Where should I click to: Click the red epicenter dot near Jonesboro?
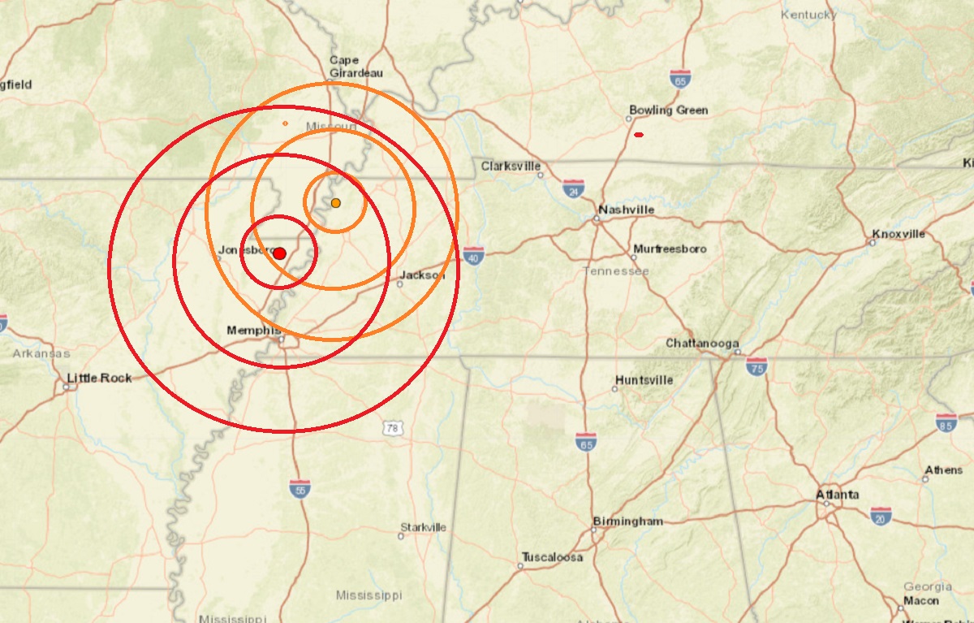click(280, 253)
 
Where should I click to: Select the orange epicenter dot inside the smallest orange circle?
click(336, 202)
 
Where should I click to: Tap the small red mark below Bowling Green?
click(639, 134)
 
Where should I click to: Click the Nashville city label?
click(626, 210)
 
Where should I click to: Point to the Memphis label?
click(254, 331)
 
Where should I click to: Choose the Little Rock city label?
click(99, 378)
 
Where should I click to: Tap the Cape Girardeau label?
click(356, 66)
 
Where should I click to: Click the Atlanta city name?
click(838, 495)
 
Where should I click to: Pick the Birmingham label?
click(628, 521)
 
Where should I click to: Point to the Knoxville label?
click(899, 234)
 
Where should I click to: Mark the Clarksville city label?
click(511, 166)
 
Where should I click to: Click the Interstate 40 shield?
click(475, 256)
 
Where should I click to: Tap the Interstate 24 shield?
click(574, 189)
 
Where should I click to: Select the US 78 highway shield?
click(393, 427)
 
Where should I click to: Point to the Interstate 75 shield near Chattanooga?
click(757, 366)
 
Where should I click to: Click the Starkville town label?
click(423, 527)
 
